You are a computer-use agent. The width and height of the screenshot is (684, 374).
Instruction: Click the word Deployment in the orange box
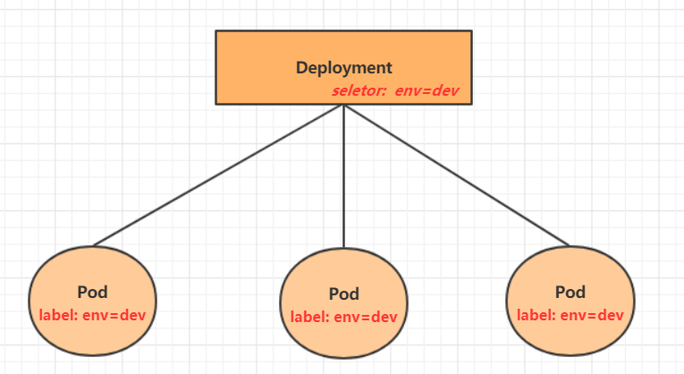click(343, 67)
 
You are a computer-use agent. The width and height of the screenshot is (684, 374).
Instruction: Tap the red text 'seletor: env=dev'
click(395, 90)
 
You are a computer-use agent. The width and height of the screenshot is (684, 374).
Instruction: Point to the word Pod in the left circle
click(92, 293)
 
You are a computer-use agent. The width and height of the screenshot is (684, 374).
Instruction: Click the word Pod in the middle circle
click(343, 293)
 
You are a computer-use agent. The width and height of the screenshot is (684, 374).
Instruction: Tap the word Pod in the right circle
click(570, 292)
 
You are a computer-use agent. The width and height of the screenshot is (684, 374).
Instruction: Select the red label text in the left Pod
click(92, 315)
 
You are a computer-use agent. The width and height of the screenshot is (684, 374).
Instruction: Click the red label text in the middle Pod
click(343, 316)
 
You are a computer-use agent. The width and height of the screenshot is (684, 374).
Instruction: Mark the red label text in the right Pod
click(570, 314)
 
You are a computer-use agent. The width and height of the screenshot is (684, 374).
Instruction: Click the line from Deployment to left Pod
click(219, 174)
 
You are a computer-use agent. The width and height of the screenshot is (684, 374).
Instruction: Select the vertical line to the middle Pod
click(343, 179)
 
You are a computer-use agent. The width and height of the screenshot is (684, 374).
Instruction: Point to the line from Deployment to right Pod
click(456, 174)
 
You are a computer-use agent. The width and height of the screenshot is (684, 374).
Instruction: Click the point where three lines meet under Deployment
click(343, 106)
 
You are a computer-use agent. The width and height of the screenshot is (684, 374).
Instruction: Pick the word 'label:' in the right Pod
click(535, 314)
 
